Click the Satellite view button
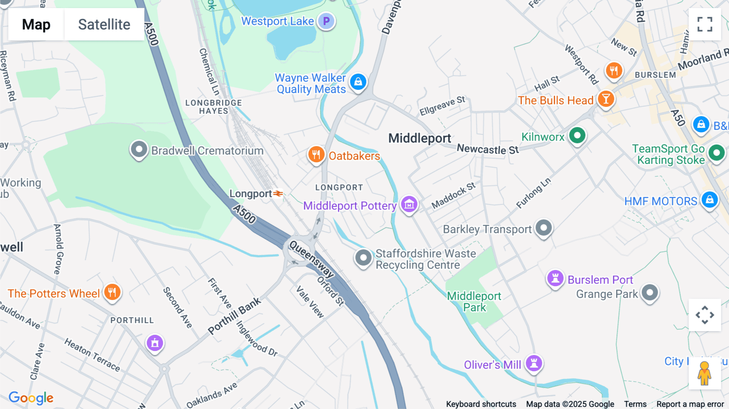(x=104, y=25)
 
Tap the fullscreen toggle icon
(x=705, y=24)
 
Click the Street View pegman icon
(x=704, y=373)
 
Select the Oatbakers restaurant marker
(x=316, y=154)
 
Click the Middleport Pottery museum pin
(x=409, y=204)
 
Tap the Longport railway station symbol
(x=278, y=194)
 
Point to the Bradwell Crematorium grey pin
(x=139, y=149)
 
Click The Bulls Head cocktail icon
(x=605, y=99)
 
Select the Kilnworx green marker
(x=577, y=135)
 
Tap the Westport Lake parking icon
(x=326, y=21)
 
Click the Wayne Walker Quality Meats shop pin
(x=358, y=82)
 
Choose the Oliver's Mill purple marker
(x=534, y=363)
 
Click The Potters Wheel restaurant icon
(x=112, y=292)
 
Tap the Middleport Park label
(x=474, y=302)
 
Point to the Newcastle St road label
(x=488, y=149)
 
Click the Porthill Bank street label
(x=234, y=316)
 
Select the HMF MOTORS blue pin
(x=710, y=200)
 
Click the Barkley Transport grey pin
(x=544, y=228)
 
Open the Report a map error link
(x=690, y=404)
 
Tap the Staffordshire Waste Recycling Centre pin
(x=363, y=258)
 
